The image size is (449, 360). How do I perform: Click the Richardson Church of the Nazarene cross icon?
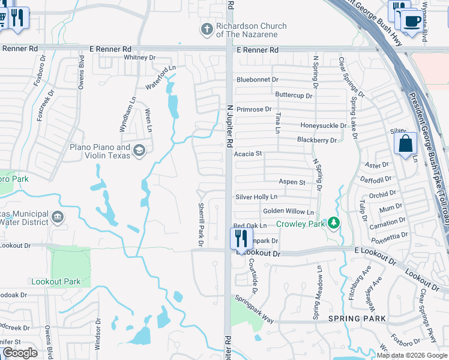tap(206, 29)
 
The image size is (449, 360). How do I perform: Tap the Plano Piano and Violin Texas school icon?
tap(140, 150)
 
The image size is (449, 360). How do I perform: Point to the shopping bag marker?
tap(405, 143)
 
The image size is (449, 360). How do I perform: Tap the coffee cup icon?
tap(412, 21)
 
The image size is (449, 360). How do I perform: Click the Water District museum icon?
tap(58, 217)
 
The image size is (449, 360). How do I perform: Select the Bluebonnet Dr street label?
tap(258, 79)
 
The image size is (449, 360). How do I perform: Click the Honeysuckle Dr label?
tap(324, 125)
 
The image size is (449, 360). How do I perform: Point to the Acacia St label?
tap(249, 154)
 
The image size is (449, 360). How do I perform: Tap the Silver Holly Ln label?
tap(256, 197)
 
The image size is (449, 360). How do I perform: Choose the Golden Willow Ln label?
tap(288, 212)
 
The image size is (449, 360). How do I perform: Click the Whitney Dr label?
tap(139, 57)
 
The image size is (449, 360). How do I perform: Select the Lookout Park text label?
tap(55, 281)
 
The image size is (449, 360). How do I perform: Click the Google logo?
tap(20, 353)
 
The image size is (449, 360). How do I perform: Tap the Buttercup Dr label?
tap(294, 95)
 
